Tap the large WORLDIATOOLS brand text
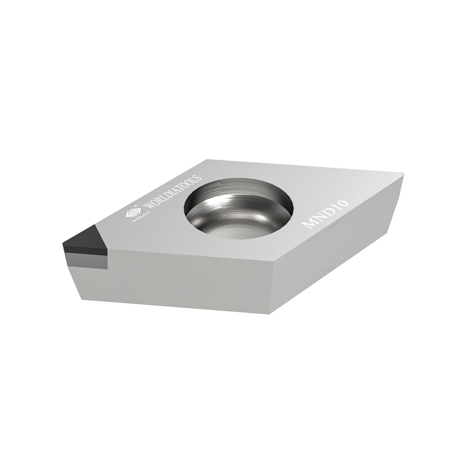click(x=172, y=192)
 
